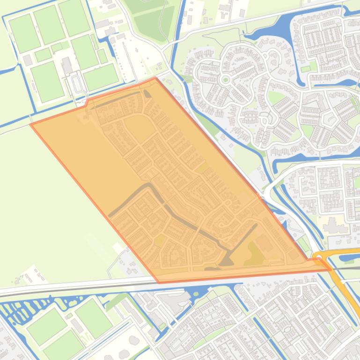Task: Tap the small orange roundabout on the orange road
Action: tap(318, 256)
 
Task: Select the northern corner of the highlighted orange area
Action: tap(155, 78)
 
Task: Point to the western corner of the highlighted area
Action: tap(31, 124)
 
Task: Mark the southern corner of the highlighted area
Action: tap(159, 282)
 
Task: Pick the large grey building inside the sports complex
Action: tap(67, 65)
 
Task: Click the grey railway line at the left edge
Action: tap(9, 293)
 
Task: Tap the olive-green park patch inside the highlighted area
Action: tap(255, 252)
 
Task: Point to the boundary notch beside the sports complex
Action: tap(86, 102)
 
